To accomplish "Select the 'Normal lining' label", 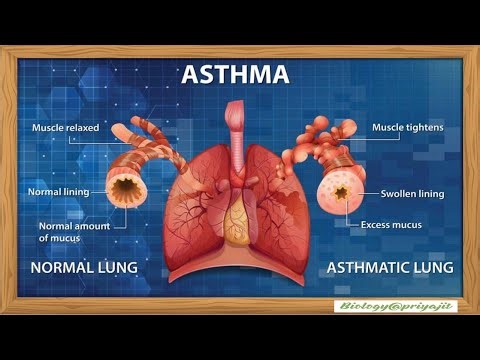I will [59, 191].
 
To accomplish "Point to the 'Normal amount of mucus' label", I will [74, 232].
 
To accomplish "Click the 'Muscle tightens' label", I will [408, 128].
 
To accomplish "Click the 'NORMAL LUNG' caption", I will [83, 268].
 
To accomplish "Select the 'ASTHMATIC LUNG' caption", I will [391, 268].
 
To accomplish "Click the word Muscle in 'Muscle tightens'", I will [390, 128].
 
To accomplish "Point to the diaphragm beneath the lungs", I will [237, 262].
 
